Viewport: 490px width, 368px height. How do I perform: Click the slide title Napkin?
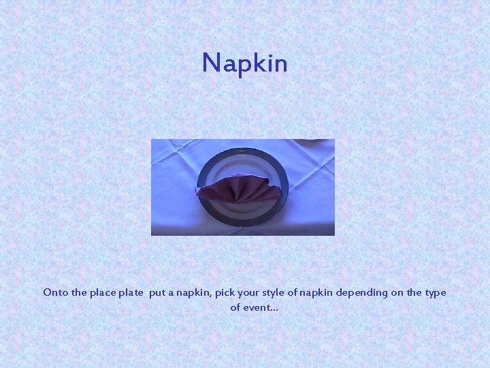pos(245,63)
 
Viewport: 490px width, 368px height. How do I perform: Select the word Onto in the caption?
pos(55,292)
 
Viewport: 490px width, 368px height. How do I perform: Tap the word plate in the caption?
pos(131,293)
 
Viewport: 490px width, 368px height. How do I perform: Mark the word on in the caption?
pos(397,293)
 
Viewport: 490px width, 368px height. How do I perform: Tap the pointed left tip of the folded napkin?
pos(197,191)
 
